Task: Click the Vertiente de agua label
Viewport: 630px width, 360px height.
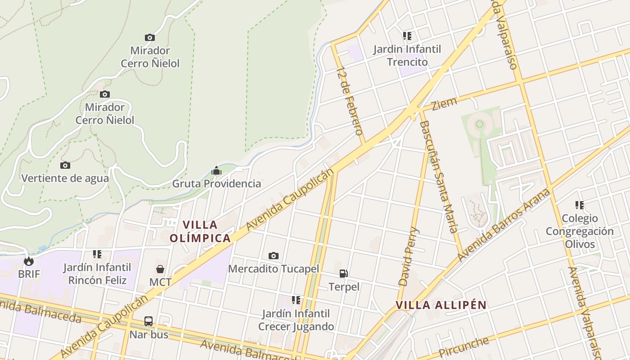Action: coord(65,178)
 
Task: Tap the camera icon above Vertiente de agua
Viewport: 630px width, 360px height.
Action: coord(65,166)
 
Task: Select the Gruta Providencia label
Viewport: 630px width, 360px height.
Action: coord(216,184)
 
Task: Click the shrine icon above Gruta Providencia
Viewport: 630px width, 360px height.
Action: coord(216,171)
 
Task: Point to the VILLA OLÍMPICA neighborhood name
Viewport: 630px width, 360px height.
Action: coord(200,231)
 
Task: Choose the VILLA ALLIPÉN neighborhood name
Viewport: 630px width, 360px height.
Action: coord(441,305)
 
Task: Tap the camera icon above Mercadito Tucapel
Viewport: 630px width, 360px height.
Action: coord(273,256)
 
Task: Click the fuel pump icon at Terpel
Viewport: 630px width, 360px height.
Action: coord(343,274)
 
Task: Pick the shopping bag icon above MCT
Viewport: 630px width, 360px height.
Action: coord(160,269)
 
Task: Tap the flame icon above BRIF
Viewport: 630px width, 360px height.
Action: coord(29,261)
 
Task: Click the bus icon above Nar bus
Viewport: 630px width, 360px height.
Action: coord(148,321)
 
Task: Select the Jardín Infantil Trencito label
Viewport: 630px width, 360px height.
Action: coord(407,55)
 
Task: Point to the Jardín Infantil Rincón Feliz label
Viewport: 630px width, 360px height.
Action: coord(97,274)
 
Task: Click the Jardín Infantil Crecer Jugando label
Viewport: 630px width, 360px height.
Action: coord(296,320)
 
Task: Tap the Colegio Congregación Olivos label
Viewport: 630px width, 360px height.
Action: coord(580,231)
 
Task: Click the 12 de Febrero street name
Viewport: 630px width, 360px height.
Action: coord(350,101)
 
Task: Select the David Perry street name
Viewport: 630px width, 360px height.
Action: coord(409,257)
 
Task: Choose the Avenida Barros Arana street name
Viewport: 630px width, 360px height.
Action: coord(504,225)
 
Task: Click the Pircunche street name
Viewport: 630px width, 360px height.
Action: coord(463,347)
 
